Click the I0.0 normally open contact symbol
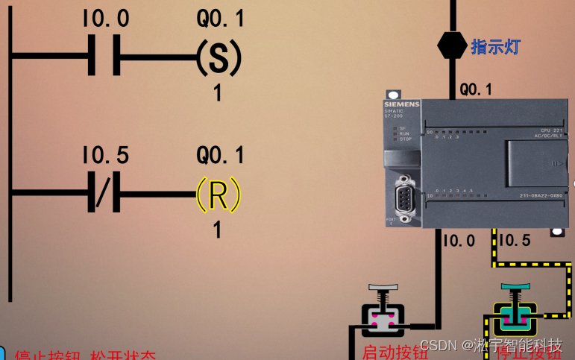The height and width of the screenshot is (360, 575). pos(104,56)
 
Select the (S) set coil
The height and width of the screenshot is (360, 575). pos(219,56)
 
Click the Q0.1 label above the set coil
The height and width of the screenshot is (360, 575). pos(220,18)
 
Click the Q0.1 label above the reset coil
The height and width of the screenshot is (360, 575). pos(220,155)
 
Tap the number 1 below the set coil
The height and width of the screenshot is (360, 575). pos(218,93)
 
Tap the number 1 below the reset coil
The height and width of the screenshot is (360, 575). pos(217,230)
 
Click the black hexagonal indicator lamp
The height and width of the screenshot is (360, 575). pos(450,46)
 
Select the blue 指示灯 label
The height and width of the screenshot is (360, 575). pos(495,47)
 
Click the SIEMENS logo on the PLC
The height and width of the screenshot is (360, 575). pos(402,104)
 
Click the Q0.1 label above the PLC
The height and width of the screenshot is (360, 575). pos(475,89)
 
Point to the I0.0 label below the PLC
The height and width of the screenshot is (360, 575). pos(459,240)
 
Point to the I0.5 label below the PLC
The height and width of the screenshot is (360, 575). pos(514,240)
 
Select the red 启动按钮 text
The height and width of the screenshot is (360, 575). pos(395,352)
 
